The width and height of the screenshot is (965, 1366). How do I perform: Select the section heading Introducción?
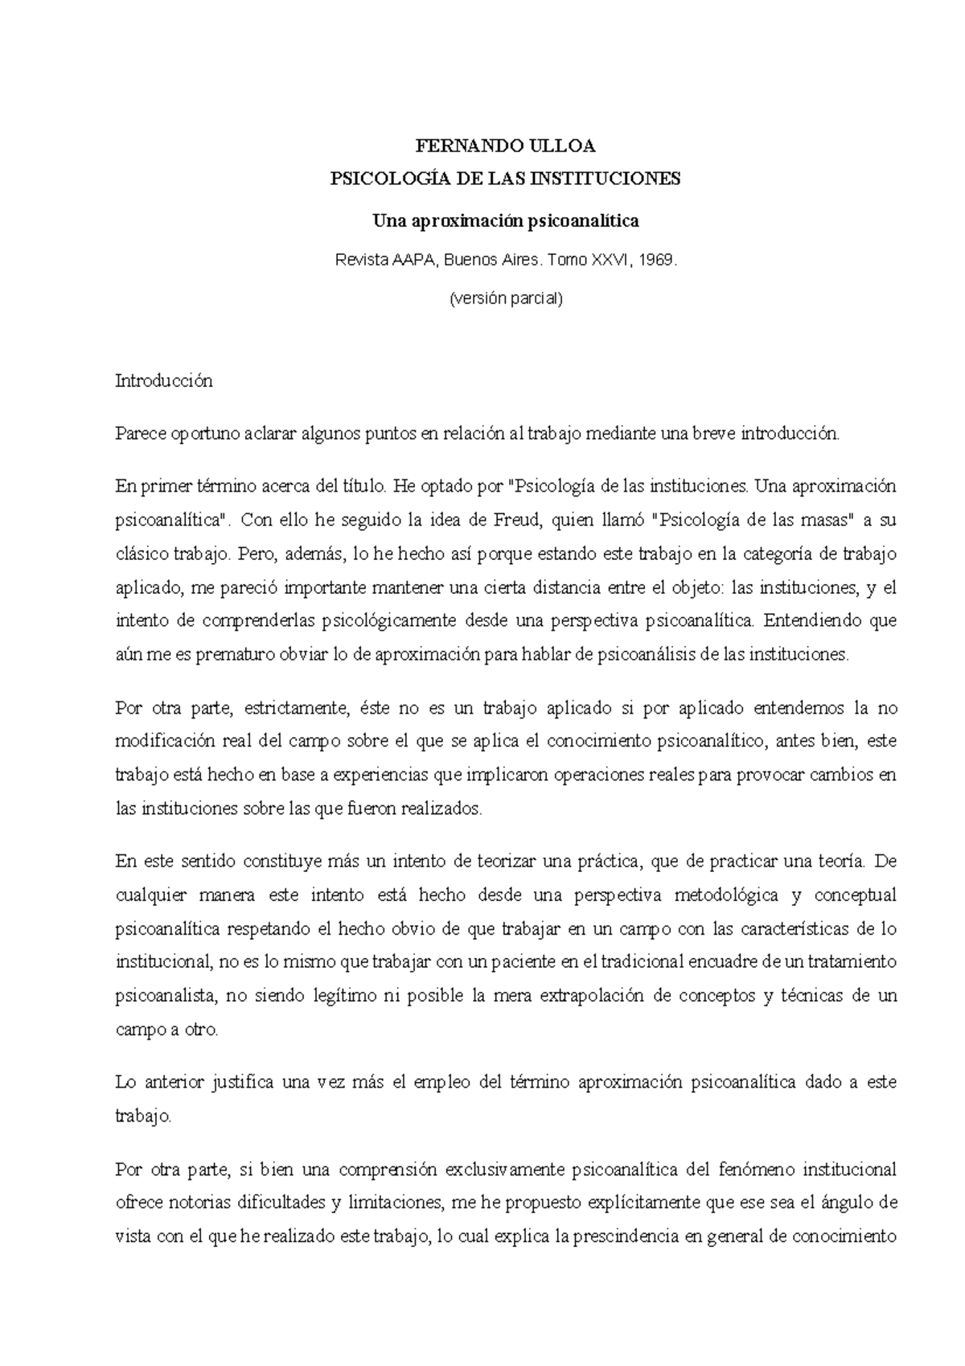(164, 381)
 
